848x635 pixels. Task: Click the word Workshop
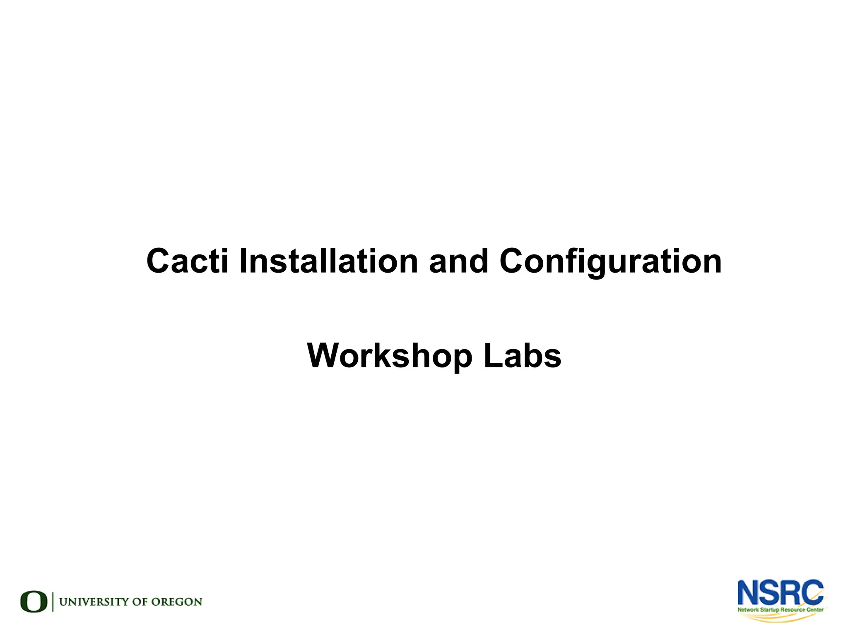coord(389,356)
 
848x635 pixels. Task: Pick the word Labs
coord(522,356)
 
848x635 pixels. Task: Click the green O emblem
coord(34,601)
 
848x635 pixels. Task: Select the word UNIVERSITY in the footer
coord(94,602)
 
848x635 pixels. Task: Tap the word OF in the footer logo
coord(140,602)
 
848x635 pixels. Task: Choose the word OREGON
coord(176,602)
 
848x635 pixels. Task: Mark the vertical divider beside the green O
coord(53,601)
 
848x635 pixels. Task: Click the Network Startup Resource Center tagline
coord(780,610)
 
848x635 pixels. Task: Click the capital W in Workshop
coord(325,356)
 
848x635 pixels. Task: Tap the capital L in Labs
coord(492,356)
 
